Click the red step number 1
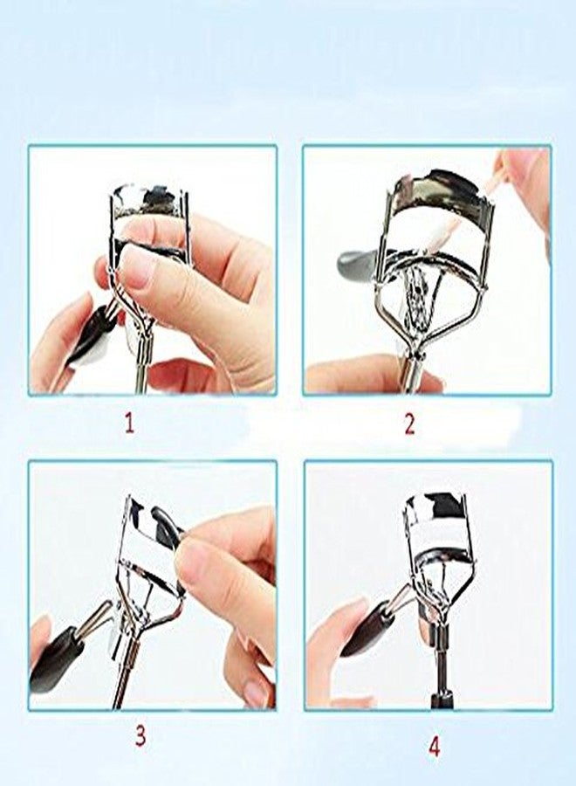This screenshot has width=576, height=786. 129,424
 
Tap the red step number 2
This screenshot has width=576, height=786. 409,424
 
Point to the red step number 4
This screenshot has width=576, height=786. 410,747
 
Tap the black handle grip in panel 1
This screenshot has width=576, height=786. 87,336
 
